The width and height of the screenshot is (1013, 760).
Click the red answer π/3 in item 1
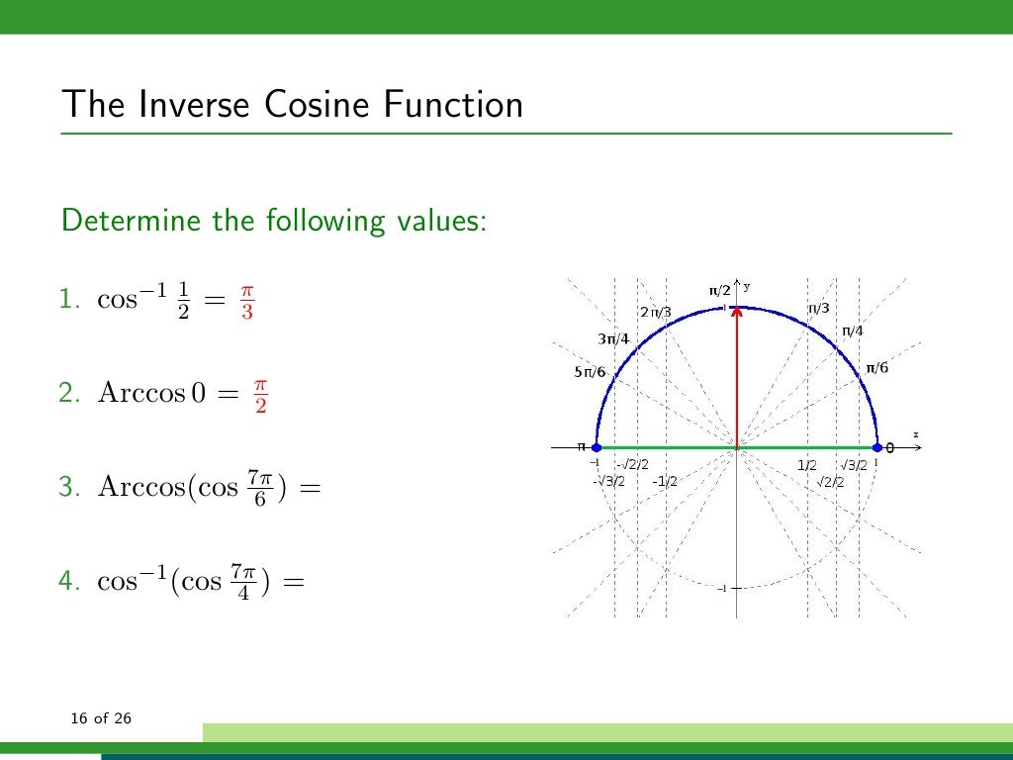(246, 303)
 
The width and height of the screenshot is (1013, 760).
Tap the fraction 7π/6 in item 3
(259, 488)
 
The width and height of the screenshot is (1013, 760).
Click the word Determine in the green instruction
(130, 220)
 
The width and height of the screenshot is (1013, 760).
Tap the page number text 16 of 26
(101, 717)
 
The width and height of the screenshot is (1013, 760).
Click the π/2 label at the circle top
(719, 290)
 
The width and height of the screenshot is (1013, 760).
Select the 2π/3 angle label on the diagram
(655, 313)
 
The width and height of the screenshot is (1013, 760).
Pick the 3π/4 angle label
(613, 339)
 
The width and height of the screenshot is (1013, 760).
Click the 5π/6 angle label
(590, 372)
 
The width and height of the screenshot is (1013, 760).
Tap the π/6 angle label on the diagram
(877, 368)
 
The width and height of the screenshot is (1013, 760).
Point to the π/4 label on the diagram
(852, 332)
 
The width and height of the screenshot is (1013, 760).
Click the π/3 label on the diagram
(819, 309)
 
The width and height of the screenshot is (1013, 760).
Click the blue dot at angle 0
(876, 448)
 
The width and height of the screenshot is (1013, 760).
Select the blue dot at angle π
(596, 448)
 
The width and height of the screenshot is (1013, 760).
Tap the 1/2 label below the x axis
(807, 465)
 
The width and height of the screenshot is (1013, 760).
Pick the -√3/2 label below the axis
(608, 481)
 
